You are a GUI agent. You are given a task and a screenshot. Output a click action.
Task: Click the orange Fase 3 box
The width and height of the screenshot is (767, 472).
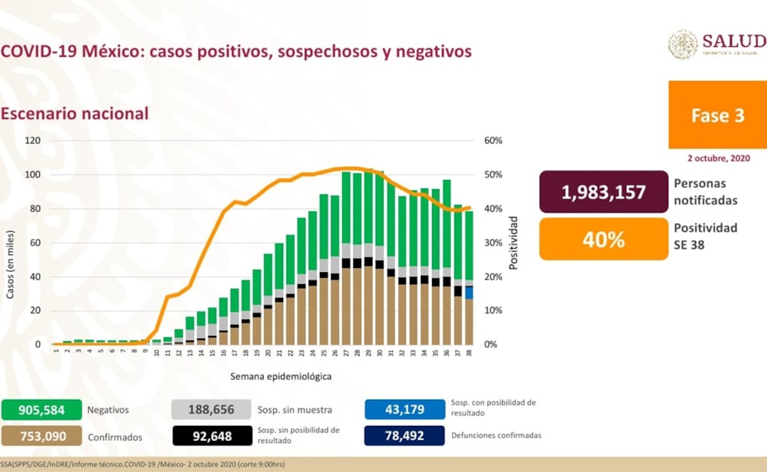717,115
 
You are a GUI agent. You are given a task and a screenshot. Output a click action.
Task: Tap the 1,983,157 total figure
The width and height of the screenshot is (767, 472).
604,192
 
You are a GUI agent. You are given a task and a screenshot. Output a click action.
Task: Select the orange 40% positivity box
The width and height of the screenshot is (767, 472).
604,239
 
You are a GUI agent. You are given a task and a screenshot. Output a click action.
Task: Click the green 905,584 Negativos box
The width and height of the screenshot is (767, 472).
41,410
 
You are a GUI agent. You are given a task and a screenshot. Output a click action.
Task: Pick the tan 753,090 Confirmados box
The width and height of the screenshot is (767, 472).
41,437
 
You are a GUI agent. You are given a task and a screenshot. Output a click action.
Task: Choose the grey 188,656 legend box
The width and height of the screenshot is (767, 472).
211,410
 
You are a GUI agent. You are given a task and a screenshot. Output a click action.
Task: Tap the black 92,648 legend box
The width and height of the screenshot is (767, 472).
211,437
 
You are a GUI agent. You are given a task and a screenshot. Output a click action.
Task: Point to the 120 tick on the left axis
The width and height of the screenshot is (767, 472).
33,140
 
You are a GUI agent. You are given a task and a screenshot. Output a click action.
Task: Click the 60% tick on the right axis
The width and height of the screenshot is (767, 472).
494,140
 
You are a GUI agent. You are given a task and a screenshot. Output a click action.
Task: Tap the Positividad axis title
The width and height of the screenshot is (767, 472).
514,243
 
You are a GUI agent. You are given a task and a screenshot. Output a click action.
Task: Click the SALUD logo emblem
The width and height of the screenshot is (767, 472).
683,44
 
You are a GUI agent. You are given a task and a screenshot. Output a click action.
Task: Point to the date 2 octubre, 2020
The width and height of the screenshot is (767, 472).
717,158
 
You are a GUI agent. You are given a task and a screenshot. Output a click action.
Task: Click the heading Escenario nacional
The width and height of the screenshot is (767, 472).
75,113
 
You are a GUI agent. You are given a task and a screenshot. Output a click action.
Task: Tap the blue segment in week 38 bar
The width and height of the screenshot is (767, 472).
469,292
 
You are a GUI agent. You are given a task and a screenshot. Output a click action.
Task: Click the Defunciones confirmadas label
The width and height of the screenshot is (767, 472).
496,436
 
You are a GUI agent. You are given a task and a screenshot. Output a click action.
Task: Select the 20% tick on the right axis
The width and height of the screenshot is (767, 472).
494,276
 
